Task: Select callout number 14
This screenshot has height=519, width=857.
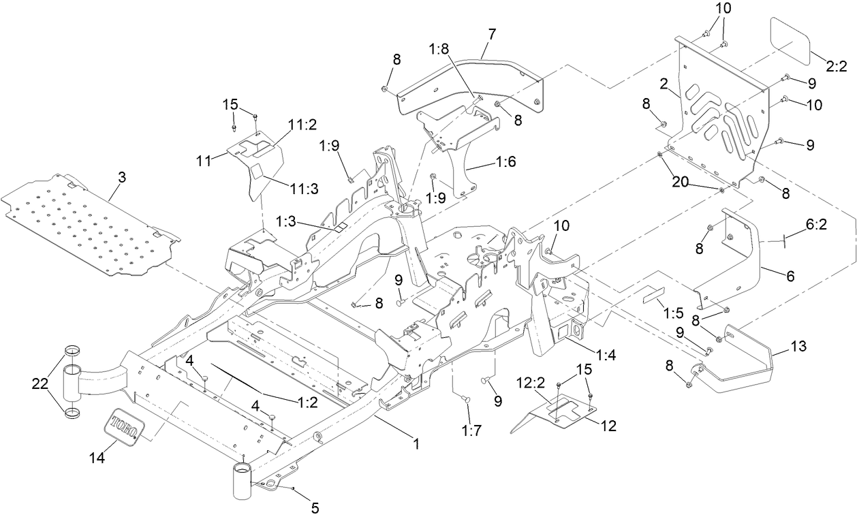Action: tap(97, 459)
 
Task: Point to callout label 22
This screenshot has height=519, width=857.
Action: tap(41, 384)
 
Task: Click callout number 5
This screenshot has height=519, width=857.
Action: tap(315, 507)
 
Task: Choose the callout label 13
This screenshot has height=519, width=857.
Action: tap(798, 347)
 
